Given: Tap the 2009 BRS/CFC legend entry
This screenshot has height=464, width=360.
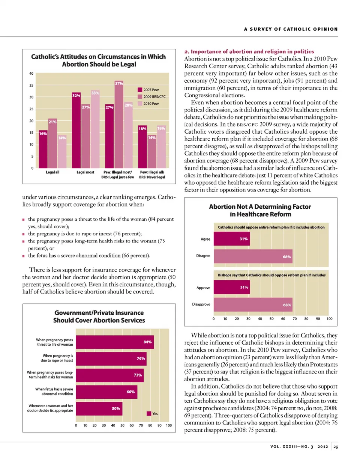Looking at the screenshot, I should [x=152, y=96].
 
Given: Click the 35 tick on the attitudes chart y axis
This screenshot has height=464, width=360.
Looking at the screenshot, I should [x=31, y=85].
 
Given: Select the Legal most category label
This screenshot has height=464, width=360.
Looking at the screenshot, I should [x=85, y=172].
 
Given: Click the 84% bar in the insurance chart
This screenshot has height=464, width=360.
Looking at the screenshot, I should [x=115, y=342].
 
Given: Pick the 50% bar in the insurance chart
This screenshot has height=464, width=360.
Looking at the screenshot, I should [x=99, y=408].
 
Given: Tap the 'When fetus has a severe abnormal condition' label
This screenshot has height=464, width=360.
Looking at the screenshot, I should [x=54, y=392].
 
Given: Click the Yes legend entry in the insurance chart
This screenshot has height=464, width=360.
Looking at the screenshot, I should [x=152, y=414].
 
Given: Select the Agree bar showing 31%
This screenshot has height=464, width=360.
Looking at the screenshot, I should [x=232, y=239].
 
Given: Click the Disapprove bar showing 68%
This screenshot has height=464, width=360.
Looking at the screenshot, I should [x=253, y=305].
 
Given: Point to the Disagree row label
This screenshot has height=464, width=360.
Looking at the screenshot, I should [x=203, y=256].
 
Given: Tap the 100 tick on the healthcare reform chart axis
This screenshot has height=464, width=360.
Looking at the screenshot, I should [x=329, y=319].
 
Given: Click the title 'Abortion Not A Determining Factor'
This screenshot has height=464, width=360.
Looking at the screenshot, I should [x=260, y=206].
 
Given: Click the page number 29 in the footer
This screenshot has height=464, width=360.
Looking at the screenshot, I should [x=336, y=447].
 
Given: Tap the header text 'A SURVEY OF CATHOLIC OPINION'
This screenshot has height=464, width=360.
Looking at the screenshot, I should [x=291, y=29].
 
